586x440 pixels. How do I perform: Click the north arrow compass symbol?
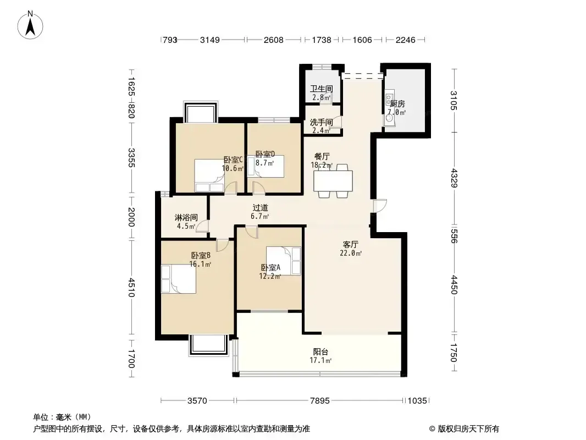pyautogui.click(x=30, y=25)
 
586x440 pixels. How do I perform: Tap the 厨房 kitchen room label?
pyautogui.click(x=397, y=103)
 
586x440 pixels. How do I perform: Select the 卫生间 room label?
pyautogui.click(x=322, y=89)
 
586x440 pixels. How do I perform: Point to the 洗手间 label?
pyautogui.click(x=322, y=122)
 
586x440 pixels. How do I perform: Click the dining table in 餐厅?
pyautogui.click(x=333, y=181)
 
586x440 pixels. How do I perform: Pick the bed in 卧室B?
pyautogui.click(x=178, y=279)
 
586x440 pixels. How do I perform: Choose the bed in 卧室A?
pyautogui.click(x=283, y=261)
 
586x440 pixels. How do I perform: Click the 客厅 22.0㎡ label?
pyautogui.click(x=351, y=249)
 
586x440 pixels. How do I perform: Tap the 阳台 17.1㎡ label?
pyautogui.click(x=320, y=356)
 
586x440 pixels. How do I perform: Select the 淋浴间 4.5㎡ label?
pyautogui.click(x=186, y=222)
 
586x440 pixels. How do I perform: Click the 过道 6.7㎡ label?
pyautogui.click(x=260, y=212)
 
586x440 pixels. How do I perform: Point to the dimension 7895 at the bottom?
pyautogui.click(x=320, y=401)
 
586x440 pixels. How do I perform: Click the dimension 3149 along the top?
pyautogui.click(x=209, y=40)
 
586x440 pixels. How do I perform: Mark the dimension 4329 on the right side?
pyautogui.click(x=454, y=178)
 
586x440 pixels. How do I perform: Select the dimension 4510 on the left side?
pyautogui.click(x=131, y=287)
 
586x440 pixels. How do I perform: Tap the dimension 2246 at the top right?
pyautogui.click(x=406, y=40)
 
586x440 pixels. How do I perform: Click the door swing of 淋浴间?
pyautogui.click(x=202, y=227)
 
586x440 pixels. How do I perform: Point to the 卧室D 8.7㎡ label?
pyautogui.click(x=266, y=158)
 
